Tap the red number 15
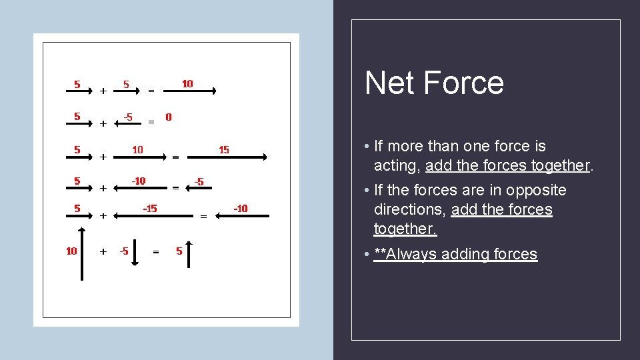224,150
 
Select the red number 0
168,117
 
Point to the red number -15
150,209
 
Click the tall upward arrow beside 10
82,253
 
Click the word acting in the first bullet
396,165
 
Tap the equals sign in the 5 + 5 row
151,91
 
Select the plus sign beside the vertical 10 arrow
103,252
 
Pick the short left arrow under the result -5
198,188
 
